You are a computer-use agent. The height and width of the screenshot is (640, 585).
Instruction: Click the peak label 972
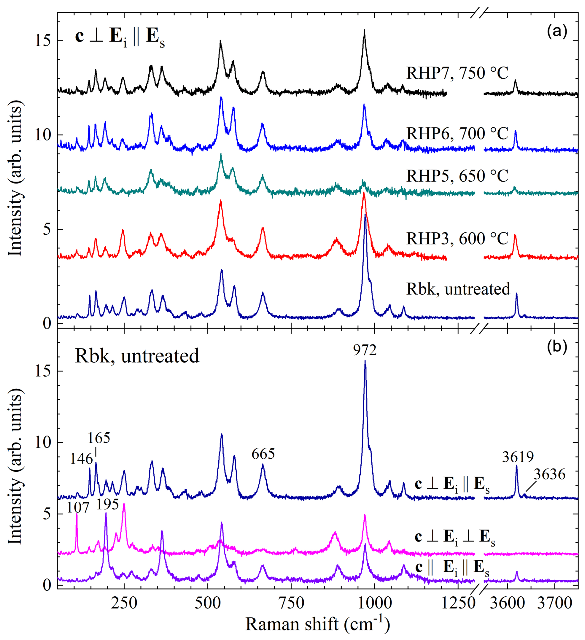pyautogui.click(x=365, y=350)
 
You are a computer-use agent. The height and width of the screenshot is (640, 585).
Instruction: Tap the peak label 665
pyautogui.click(x=263, y=454)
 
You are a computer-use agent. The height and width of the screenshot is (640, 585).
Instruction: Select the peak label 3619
pyautogui.click(x=518, y=457)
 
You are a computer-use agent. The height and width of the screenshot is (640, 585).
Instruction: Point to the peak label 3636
pyautogui.click(x=549, y=475)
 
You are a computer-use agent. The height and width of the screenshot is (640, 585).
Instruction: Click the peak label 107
pyautogui.click(x=78, y=508)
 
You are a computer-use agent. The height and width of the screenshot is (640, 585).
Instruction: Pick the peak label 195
pyautogui.click(x=107, y=505)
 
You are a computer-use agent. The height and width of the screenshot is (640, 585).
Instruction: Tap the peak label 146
pyautogui.click(x=81, y=459)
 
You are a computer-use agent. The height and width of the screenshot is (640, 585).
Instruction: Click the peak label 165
pyautogui.click(x=99, y=439)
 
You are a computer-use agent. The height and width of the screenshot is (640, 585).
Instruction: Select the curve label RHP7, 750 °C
pyautogui.click(x=457, y=73)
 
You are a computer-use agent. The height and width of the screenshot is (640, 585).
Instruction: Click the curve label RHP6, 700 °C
pyautogui.click(x=457, y=134)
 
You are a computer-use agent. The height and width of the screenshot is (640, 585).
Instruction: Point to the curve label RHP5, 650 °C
pyautogui.click(x=457, y=176)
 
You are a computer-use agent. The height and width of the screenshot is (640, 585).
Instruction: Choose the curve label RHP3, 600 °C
pyautogui.click(x=457, y=239)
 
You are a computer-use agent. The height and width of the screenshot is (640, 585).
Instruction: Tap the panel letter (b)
pyautogui.click(x=557, y=347)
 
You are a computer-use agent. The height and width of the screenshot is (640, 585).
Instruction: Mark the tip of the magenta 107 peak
pyautogui.click(x=77, y=514)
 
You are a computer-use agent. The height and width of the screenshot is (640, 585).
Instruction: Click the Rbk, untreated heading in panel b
pyautogui.click(x=137, y=356)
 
